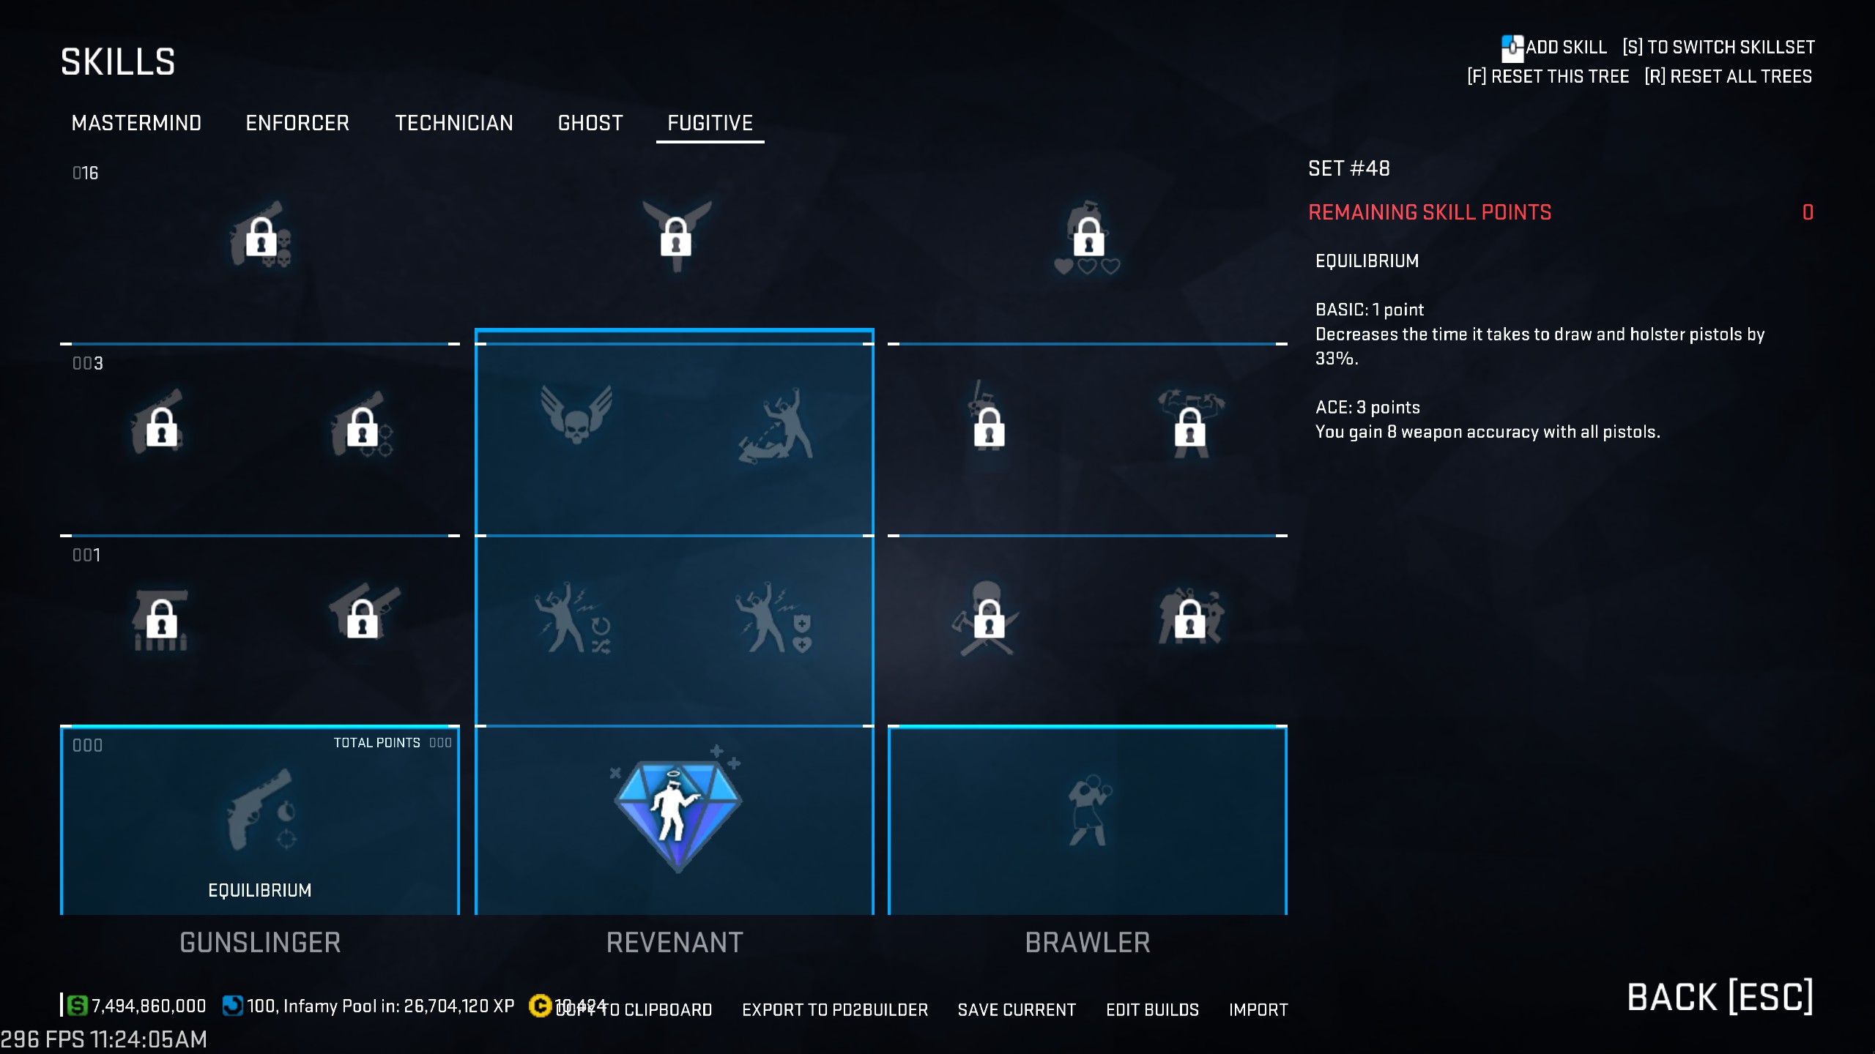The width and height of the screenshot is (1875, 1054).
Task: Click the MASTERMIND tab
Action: tap(136, 123)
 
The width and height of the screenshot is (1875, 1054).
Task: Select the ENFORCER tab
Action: tap(297, 123)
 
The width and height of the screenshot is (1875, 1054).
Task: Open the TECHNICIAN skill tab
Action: tap(454, 123)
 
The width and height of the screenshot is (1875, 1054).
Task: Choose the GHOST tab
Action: tap(590, 123)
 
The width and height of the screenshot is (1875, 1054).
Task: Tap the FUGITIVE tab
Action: tap(710, 123)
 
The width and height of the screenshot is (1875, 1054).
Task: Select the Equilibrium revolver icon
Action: tap(260, 810)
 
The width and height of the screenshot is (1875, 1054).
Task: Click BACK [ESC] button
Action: tap(1720, 997)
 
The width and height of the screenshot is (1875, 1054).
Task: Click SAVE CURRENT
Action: tap(1017, 1010)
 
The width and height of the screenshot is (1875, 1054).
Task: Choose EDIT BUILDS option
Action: tap(1152, 1010)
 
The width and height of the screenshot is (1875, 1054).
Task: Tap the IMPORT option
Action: tap(1258, 1010)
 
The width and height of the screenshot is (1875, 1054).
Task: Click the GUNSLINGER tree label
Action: tap(260, 943)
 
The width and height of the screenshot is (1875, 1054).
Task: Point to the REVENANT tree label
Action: tap(675, 943)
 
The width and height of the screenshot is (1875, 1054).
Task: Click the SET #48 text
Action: tap(1349, 169)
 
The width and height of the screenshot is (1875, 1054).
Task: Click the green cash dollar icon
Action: tap(77, 1006)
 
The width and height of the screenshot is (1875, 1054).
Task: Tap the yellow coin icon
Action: tap(540, 1006)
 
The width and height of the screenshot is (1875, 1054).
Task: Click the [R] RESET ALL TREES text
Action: tap(1729, 77)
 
